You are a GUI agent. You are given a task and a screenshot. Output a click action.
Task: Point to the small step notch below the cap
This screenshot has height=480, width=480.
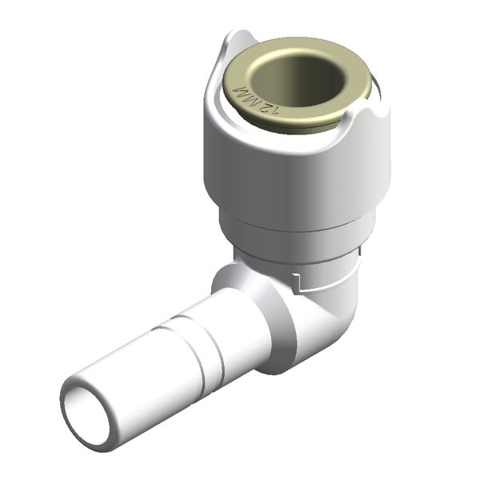(x=298, y=282)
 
